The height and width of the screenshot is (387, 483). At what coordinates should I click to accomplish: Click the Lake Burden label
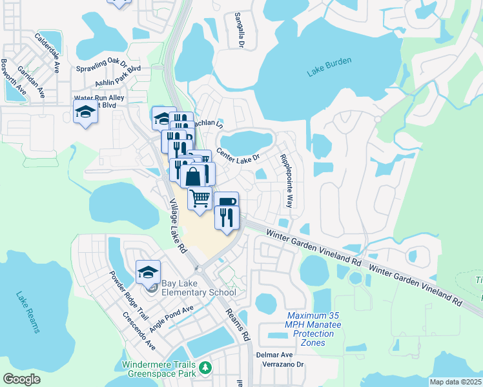tap(329, 66)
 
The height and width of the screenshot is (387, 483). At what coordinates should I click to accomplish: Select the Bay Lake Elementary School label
tap(198, 288)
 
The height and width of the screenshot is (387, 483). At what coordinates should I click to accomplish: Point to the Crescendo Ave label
tap(139, 331)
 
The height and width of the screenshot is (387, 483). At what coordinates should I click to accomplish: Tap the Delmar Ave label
tap(275, 355)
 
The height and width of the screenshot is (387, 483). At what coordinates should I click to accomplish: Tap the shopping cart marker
tap(200, 197)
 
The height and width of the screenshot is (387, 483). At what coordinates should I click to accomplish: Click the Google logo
tap(21, 379)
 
